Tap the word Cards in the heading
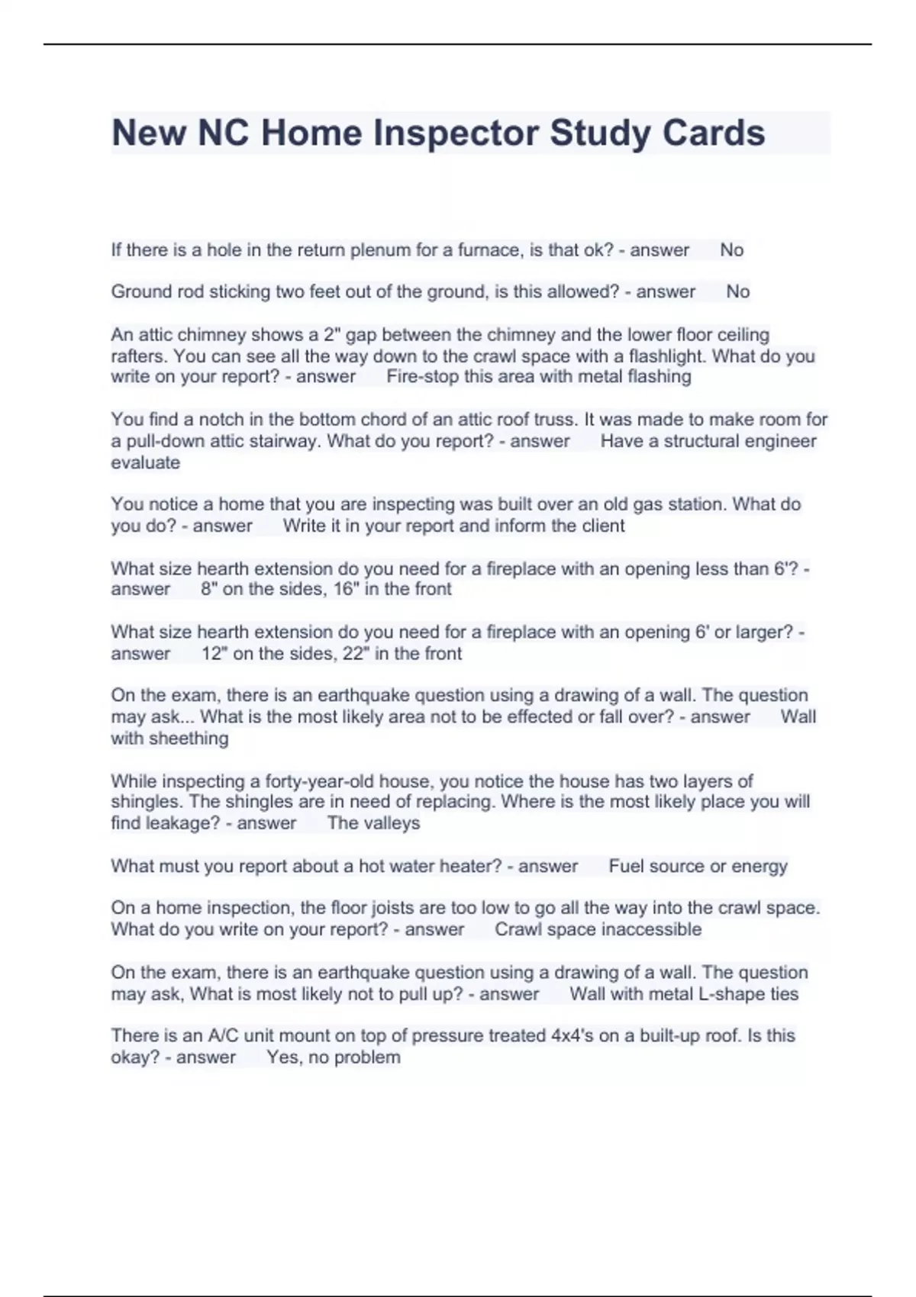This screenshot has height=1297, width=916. coord(713,134)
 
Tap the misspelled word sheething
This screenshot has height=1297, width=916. coord(189,739)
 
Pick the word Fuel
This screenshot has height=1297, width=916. coord(626,867)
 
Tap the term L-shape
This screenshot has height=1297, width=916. coord(731,994)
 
